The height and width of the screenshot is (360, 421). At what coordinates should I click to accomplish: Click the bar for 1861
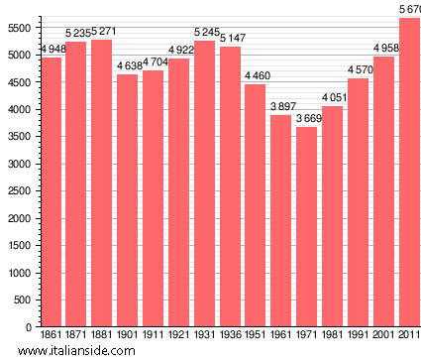pos(51,191)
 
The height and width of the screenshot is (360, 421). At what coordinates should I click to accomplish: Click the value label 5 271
pos(102,32)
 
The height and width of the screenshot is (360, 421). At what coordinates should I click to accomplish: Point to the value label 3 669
pos(308,119)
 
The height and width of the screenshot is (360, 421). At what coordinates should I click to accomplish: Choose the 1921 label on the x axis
pos(179,336)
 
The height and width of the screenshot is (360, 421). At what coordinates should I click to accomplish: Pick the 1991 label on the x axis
pos(360,336)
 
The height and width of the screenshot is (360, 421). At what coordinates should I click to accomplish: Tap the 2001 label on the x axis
pos(385,336)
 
